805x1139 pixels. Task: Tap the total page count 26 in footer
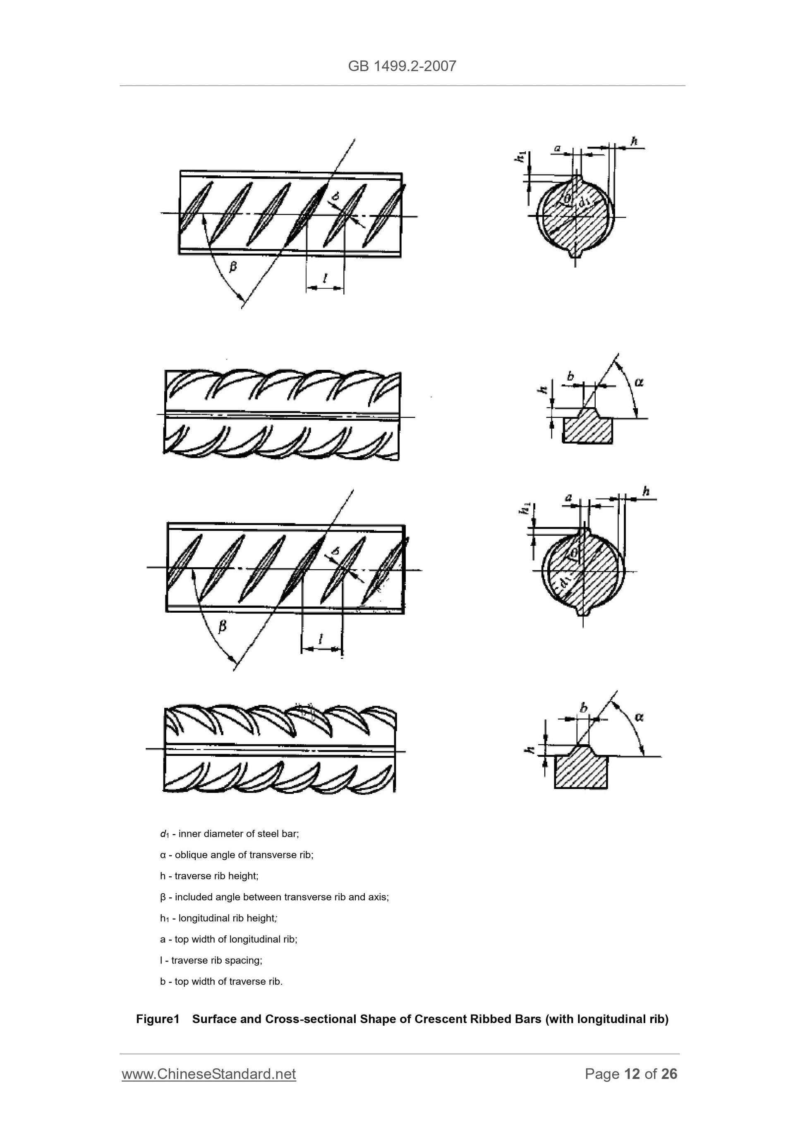(669, 1074)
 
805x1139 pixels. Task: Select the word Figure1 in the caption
(157, 1019)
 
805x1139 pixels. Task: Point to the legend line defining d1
(229, 834)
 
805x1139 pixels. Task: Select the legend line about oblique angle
(237, 855)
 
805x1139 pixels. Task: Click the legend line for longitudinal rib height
(218, 918)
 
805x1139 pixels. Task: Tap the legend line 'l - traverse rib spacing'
(211, 960)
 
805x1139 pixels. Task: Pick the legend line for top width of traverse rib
(221, 981)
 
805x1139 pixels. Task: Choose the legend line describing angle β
(274, 897)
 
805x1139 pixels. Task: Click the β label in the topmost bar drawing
(232, 267)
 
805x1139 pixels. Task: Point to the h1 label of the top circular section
(520, 157)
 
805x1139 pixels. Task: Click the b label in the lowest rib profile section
(584, 707)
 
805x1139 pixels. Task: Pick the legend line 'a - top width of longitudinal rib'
(229, 939)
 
